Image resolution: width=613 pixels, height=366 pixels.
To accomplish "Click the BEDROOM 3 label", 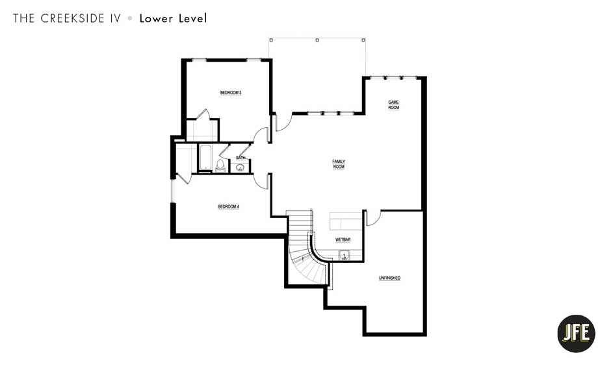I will [230, 93].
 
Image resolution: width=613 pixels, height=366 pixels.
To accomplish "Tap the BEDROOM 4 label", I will [228, 207].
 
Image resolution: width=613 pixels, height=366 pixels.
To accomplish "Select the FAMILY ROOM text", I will [339, 164].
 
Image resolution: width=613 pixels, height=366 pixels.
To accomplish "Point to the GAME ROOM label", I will [393, 104].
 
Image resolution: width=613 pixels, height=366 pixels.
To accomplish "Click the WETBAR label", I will [343, 240].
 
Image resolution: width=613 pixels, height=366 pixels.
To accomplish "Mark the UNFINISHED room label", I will [389, 278].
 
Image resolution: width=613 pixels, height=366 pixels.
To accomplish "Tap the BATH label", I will [241, 158].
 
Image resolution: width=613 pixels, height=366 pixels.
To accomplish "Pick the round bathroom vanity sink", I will [241, 167].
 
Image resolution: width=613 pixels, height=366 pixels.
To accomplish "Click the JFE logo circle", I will [576, 333].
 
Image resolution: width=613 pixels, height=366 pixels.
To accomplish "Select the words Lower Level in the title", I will [173, 18].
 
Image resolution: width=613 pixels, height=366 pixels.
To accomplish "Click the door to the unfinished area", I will [372, 218].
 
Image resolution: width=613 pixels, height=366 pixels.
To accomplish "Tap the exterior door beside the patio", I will [283, 122].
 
